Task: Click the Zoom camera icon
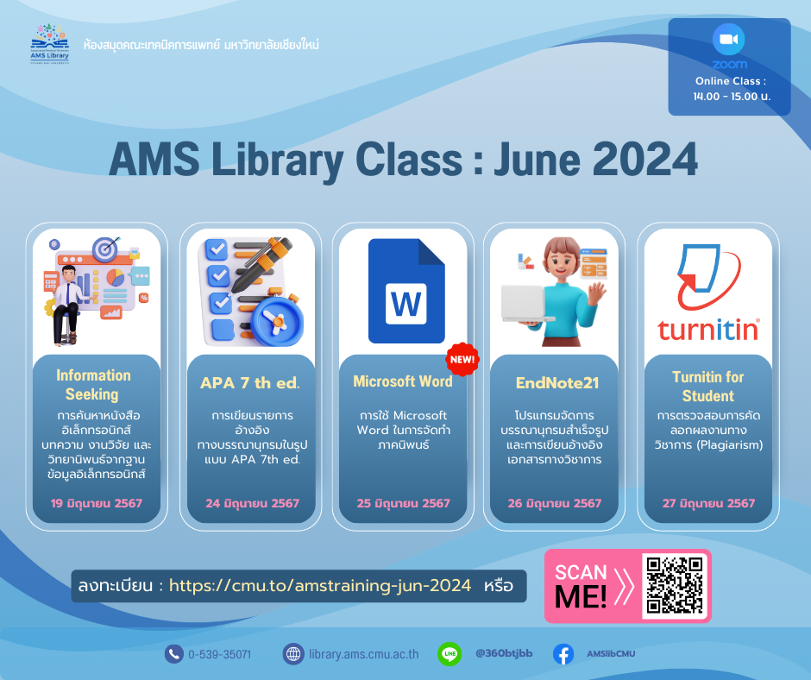729,40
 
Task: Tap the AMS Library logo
50,44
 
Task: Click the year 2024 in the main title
645,159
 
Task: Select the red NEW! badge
462,359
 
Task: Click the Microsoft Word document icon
406,291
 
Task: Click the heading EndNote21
557,383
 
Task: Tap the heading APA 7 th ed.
250,383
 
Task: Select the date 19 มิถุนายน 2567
97,503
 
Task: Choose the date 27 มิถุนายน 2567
708,503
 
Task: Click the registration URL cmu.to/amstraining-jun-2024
320,585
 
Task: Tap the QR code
675,585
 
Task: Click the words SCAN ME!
581,586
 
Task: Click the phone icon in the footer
173,654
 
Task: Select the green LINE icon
450,653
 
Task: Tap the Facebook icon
563,654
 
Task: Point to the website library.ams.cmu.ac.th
363,654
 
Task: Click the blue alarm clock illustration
277,321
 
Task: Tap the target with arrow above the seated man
106,249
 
